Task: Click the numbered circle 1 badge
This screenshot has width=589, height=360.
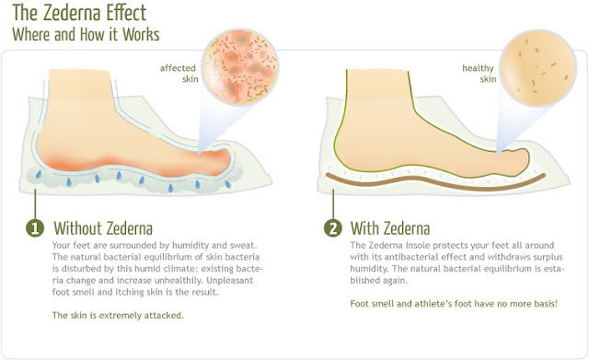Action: click(x=35, y=228)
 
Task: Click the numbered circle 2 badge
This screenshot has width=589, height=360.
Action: click(x=333, y=228)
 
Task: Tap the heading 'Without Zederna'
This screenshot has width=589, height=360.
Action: click(x=103, y=228)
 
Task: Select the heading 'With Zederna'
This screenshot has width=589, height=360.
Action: click(x=390, y=228)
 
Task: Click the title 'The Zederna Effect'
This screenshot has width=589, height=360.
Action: click(x=79, y=13)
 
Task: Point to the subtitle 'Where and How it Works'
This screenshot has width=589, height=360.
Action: click(x=86, y=34)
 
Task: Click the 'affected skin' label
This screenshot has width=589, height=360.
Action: click(x=179, y=74)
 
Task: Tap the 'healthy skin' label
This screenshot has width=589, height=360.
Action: click(x=479, y=74)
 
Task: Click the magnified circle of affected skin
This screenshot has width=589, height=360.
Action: click(x=240, y=66)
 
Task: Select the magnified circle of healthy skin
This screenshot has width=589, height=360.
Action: click(x=537, y=67)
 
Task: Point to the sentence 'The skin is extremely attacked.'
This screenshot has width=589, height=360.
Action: click(x=118, y=315)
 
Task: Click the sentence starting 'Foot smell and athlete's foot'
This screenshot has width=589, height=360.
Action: click(x=454, y=303)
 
